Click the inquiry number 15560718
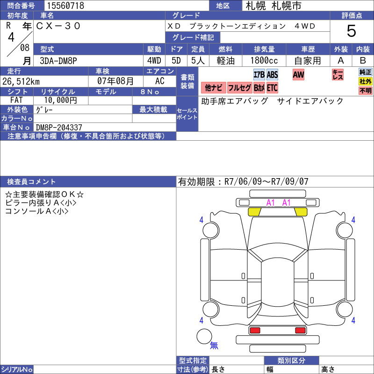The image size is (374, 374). pyautogui.click(x=65, y=6)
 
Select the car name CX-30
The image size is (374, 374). pyautogui.click(x=58, y=26)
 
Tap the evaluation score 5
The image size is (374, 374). pyautogui.click(x=352, y=31)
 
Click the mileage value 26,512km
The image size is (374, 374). pyautogui.click(x=21, y=81)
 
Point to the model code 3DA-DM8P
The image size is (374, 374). pyautogui.click(x=58, y=61)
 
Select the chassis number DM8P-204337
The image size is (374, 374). pyautogui.click(x=59, y=127)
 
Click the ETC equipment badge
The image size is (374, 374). pyautogui.click(x=272, y=88)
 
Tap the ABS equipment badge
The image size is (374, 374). pyautogui.click(x=272, y=75)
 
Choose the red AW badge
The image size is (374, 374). pyautogui.click(x=298, y=75)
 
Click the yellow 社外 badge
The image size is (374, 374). pyautogui.click(x=366, y=81)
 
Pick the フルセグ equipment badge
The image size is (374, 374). pyautogui.click(x=239, y=88)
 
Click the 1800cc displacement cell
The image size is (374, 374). pyautogui.click(x=264, y=61)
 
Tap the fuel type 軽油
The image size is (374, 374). pyautogui.click(x=225, y=61)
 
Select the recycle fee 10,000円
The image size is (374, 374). pyautogui.click(x=61, y=100)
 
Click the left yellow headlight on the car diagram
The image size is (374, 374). pyautogui.click(x=254, y=212)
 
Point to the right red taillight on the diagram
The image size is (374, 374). pyautogui.click(x=300, y=331)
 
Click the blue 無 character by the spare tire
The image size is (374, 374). pyautogui.click(x=214, y=345)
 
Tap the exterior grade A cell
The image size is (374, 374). pyautogui.click(x=341, y=61)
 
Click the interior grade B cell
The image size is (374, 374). pyautogui.click(x=363, y=61)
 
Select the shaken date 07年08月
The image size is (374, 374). pyautogui.click(x=115, y=81)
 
